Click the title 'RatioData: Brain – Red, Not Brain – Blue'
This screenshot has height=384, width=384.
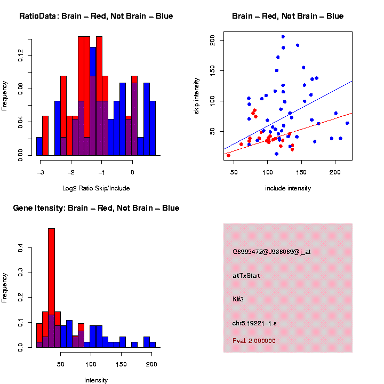pos(96,16)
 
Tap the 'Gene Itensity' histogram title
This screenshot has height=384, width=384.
pos(96,208)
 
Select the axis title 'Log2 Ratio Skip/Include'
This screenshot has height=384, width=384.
pos(96,188)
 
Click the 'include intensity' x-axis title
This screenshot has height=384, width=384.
pos(288,188)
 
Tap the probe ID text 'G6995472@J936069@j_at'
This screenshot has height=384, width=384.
pos(271,252)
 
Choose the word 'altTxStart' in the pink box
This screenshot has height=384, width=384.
pos(246,276)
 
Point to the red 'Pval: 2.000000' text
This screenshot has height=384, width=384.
pos(254,341)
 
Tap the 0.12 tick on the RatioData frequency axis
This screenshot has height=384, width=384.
pos(21,55)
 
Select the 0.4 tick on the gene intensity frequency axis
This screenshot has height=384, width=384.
pos(21,248)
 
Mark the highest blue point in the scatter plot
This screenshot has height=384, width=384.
pos(283,37)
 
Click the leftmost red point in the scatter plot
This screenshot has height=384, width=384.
pos(228,155)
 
